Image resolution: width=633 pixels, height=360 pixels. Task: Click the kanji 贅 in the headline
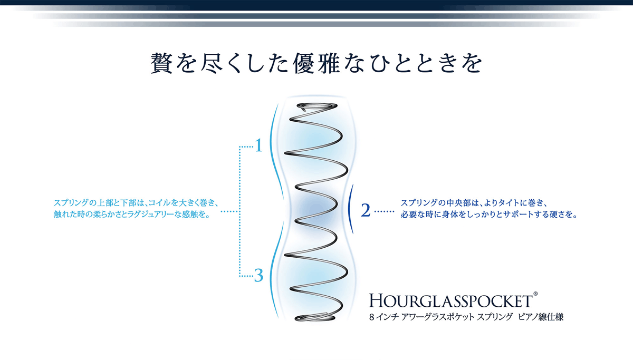pos(161,63)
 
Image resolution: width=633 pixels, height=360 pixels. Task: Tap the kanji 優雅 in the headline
pos(316,63)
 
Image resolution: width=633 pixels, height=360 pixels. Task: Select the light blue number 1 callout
pos(258,145)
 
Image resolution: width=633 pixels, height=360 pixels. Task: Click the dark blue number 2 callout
pos(366,210)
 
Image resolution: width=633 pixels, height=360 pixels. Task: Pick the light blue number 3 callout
pos(258,275)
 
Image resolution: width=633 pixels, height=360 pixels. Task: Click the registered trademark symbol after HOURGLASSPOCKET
pos(535,294)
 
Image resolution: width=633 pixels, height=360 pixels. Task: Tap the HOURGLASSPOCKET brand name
pos(451,300)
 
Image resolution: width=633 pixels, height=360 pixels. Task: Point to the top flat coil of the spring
pos(317,106)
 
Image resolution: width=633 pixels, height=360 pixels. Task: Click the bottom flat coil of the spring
pos(315,317)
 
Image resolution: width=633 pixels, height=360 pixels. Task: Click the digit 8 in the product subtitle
pos(371,317)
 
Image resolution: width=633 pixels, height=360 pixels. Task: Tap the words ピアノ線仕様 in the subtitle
pos(541,317)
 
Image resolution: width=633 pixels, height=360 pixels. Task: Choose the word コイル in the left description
pos(159,203)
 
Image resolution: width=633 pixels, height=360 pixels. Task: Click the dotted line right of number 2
pos(385,211)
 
